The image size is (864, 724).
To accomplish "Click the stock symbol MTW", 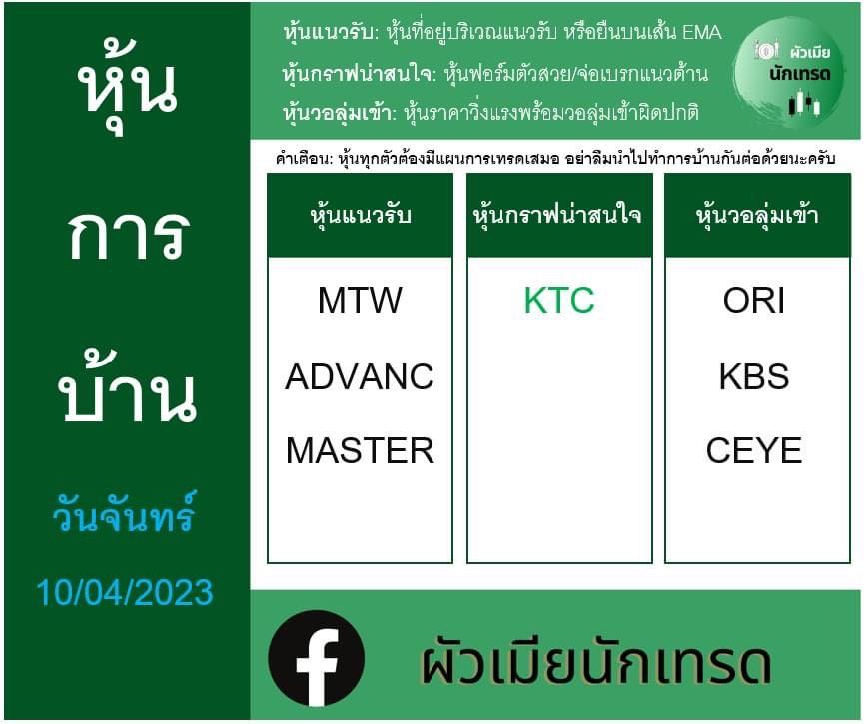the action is pyautogui.click(x=360, y=301).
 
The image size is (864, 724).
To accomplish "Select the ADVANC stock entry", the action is pyautogui.click(x=360, y=376).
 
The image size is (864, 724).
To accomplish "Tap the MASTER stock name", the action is pyautogui.click(x=360, y=450).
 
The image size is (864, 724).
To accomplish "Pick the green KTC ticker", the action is pyautogui.click(x=559, y=301).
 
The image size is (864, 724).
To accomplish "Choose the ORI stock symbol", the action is pyautogui.click(x=754, y=301).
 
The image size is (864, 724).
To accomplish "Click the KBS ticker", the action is pyautogui.click(x=754, y=376).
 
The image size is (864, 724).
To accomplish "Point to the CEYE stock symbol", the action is pyautogui.click(x=754, y=450).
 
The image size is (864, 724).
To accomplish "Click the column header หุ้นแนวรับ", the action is pyautogui.click(x=361, y=214).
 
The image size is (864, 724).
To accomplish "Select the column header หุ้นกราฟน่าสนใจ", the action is pyautogui.click(x=557, y=214).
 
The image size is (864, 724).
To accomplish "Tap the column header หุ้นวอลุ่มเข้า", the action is pyautogui.click(x=757, y=214).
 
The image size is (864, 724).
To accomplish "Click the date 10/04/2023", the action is pyautogui.click(x=125, y=593).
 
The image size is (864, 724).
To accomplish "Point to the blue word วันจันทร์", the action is pyautogui.click(x=124, y=513).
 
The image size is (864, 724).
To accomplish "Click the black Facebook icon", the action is pyautogui.click(x=317, y=658).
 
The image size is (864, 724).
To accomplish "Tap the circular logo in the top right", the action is pyautogui.click(x=789, y=72).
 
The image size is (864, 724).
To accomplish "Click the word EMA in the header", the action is pyautogui.click(x=702, y=33).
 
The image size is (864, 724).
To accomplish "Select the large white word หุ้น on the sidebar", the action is pyautogui.click(x=128, y=87).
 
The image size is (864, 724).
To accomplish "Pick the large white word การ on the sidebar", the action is pyautogui.click(x=130, y=234).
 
